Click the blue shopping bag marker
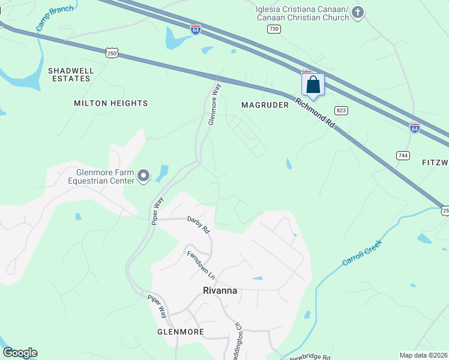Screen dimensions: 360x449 click(x=313, y=85)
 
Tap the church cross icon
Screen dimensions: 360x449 click(x=358, y=13)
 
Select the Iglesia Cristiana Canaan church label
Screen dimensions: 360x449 click(x=302, y=13)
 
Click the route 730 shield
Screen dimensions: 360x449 click(x=274, y=29)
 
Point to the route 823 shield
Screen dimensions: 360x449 click(x=342, y=110)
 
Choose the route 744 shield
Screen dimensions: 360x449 click(x=403, y=155)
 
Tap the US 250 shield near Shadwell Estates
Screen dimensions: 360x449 click(x=112, y=53)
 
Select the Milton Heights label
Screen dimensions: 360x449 click(x=110, y=103)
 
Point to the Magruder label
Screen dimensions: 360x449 click(x=265, y=105)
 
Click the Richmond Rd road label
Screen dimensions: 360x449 click(x=315, y=112)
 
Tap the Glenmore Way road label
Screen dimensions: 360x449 click(x=215, y=104)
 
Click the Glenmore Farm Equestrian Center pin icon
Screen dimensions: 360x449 click(x=143, y=176)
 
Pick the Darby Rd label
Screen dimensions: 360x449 click(x=198, y=224)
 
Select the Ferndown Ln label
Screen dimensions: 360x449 click(x=200, y=264)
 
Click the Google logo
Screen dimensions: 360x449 click(x=20, y=353)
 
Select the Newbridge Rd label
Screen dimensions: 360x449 click(x=310, y=357)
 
